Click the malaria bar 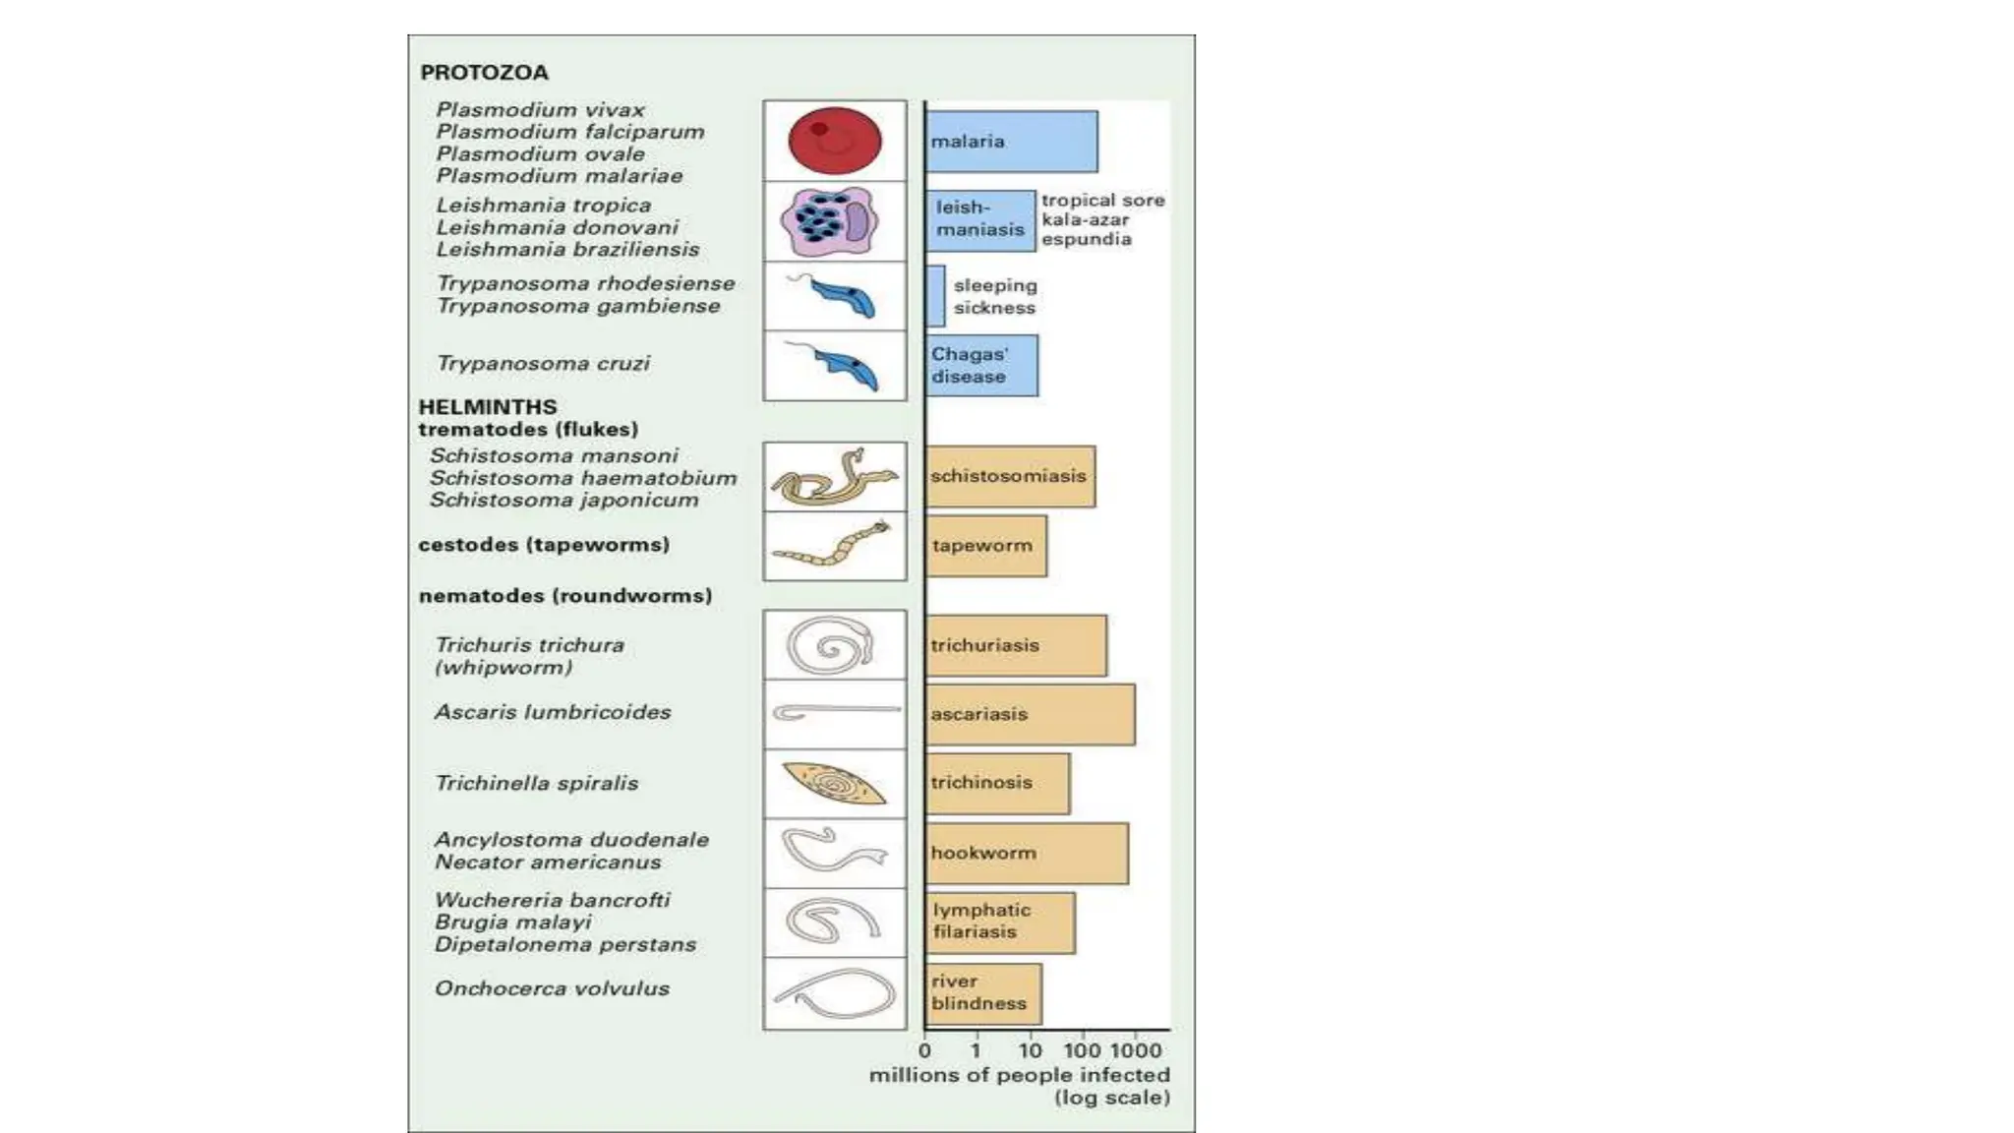pos(1011,142)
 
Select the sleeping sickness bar pos(935,296)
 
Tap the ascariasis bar pos(1030,714)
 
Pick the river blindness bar pos(982,993)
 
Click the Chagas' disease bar pos(981,366)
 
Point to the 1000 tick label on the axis pos(1136,1050)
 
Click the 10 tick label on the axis pos(1030,1050)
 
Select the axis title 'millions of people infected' pos(1019,1076)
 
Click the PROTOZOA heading pos(484,73)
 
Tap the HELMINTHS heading pos(488,406)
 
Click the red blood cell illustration pos(834,141)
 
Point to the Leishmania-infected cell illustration pos(827,221)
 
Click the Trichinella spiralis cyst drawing pos(834,784)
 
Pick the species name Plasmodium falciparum pos(570,132)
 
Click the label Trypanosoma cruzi pos(543,364)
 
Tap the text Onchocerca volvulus pos(552,988)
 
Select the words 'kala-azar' pos(1085,220)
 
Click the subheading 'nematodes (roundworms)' pos(565,596)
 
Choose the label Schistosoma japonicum pos(563,500)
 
